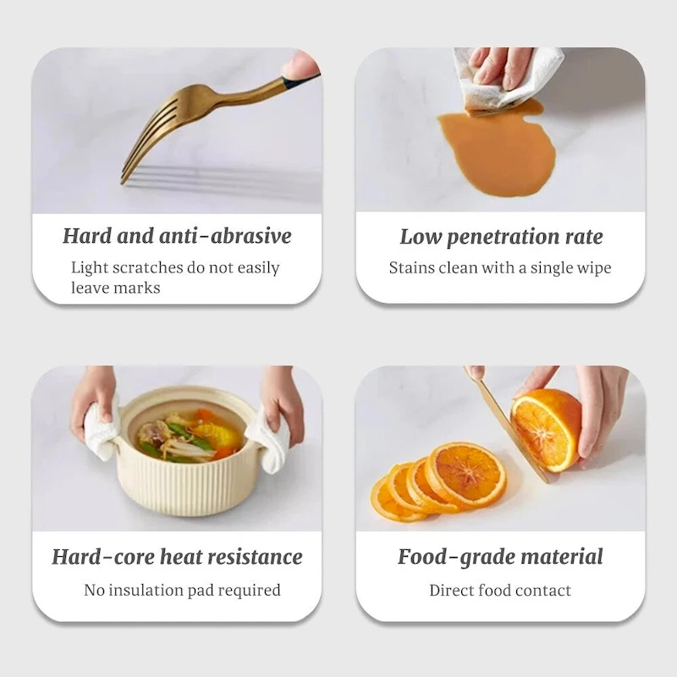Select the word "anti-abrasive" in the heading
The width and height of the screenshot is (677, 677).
(x=225, y=236)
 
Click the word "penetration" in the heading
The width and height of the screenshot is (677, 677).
(x=503, y=237)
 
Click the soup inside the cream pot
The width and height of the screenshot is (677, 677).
(x=190, y=436)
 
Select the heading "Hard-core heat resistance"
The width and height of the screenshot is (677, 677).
(x=177, y=557)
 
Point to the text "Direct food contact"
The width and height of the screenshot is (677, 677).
(x=500, y=590)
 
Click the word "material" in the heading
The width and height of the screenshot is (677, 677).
(x=562, y=556)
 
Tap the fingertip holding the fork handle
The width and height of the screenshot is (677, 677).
(x=300, y=65)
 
